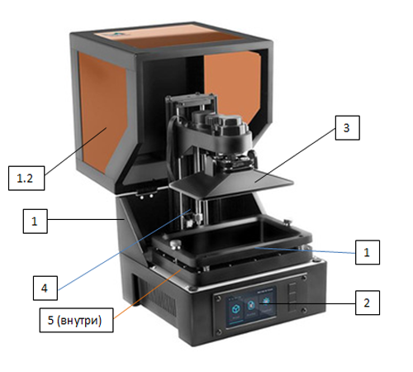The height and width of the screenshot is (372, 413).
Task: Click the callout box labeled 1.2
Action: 26,178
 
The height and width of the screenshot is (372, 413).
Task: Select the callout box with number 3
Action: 347,128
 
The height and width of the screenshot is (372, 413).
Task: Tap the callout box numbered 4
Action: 45,288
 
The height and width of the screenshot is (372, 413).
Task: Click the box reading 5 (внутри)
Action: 76,320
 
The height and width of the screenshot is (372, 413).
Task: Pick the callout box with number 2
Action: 368,303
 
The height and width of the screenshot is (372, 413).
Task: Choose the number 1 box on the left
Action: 35,222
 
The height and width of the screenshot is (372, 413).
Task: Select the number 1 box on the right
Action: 368,252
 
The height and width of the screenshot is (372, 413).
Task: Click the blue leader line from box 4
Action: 125,250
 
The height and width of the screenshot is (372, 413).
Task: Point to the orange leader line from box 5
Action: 147,294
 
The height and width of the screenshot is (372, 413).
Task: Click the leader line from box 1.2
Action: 76,151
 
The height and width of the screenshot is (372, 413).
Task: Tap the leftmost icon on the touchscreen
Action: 235,310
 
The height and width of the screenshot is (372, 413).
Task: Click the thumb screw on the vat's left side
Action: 176,244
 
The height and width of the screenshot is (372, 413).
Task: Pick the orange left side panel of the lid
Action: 102,110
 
